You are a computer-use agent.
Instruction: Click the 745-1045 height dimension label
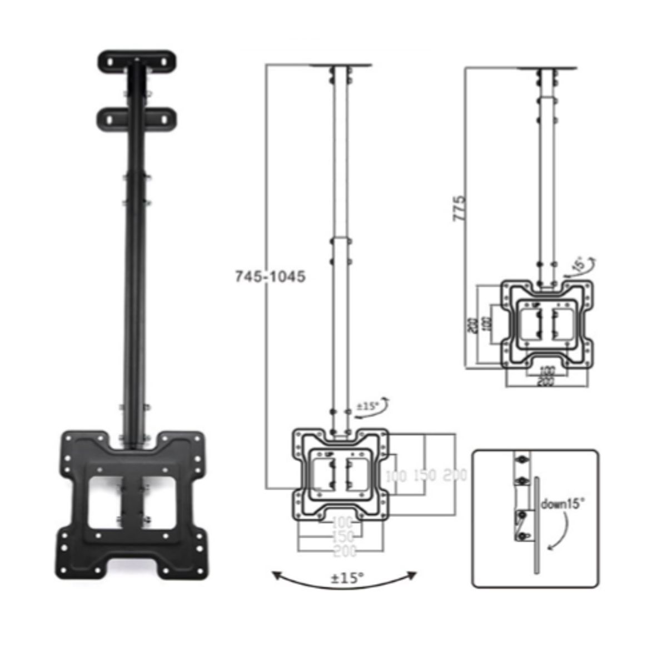pyautogui.click(x=270, y=276)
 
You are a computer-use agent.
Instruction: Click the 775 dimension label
pyautogui.click(x=459, y=208)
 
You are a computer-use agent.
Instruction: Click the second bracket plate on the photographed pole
pyautogui.click(x=137, y=117)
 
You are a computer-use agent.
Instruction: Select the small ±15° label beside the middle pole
pyautogui.click(x=367, y=406)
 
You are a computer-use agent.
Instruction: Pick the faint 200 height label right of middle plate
pyautogui.click(x=455, y=475)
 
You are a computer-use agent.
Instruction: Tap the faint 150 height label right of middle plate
pyautogui.click(x=425, y=475)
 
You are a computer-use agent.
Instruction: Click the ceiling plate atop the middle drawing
pyautogui.click(x=341, y=66)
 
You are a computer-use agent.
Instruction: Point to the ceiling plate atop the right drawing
pyautogui.click(x=546, y=68)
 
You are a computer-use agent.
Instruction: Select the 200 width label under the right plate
pyautogui.click(x=547, y=382)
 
